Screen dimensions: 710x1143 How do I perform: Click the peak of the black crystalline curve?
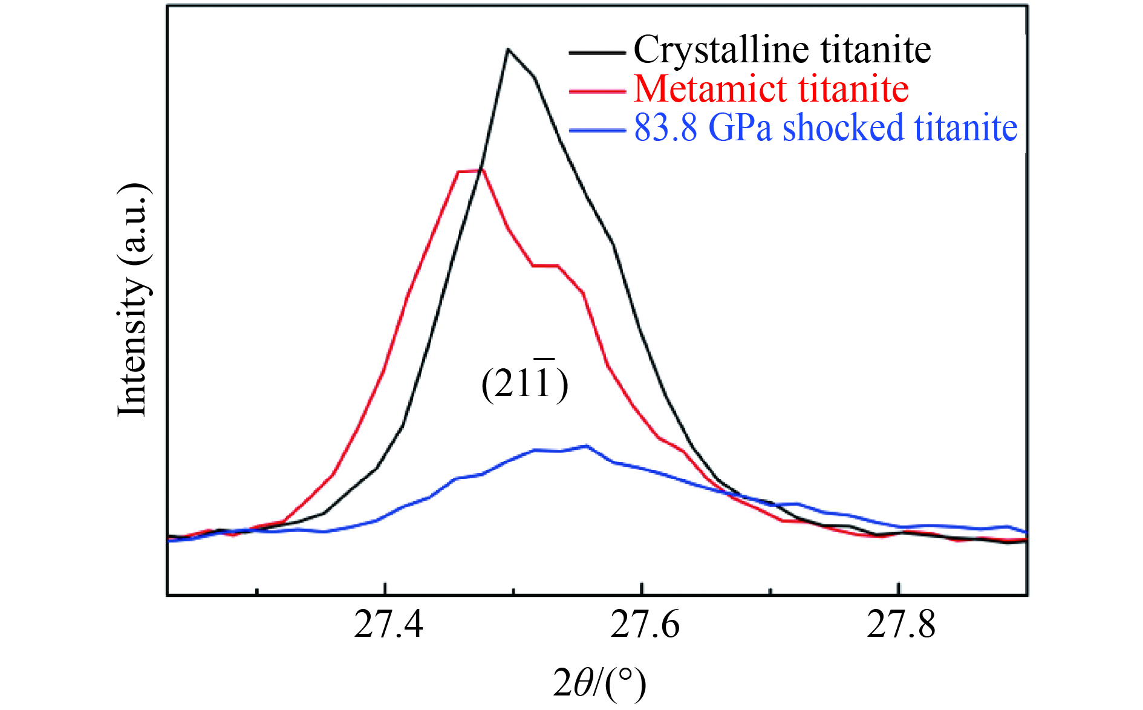tap(509, 49)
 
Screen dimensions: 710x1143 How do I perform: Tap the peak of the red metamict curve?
tap(471, 171)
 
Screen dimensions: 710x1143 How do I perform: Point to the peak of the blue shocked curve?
tap(586, 446)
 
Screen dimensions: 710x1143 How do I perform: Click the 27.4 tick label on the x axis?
tap(388, 624)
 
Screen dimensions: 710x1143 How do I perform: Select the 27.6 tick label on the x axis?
tap(645, 624)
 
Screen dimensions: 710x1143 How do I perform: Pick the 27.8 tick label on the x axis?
tap(901, 624)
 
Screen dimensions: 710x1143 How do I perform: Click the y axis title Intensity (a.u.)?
tap(132, 299)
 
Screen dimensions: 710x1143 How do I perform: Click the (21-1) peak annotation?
tap(524, 383)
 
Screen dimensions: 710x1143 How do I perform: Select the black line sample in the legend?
tap(597, 53)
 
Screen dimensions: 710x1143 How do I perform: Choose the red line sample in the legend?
tap(597, 91)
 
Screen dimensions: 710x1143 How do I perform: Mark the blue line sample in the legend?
tap(597, 130)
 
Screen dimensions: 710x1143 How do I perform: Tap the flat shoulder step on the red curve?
tap(545, 265)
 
